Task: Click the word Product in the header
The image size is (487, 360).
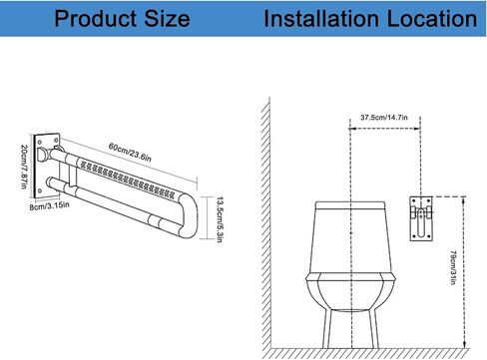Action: (x=96, y=18)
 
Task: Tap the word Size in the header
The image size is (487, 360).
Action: (x=167, y=18)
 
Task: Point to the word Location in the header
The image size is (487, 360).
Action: (x=432, y=18)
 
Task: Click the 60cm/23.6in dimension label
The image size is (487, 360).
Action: (x=130, y=153)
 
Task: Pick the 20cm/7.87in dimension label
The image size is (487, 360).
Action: (x=24, y=167)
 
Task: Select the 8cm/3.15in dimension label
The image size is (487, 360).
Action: (x=49, y=205)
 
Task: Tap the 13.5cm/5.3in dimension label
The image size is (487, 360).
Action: (x=220, y=219)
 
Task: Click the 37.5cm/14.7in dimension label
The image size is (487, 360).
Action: (x=384, y=118)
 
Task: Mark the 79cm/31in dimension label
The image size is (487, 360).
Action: (x=453, y=267)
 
